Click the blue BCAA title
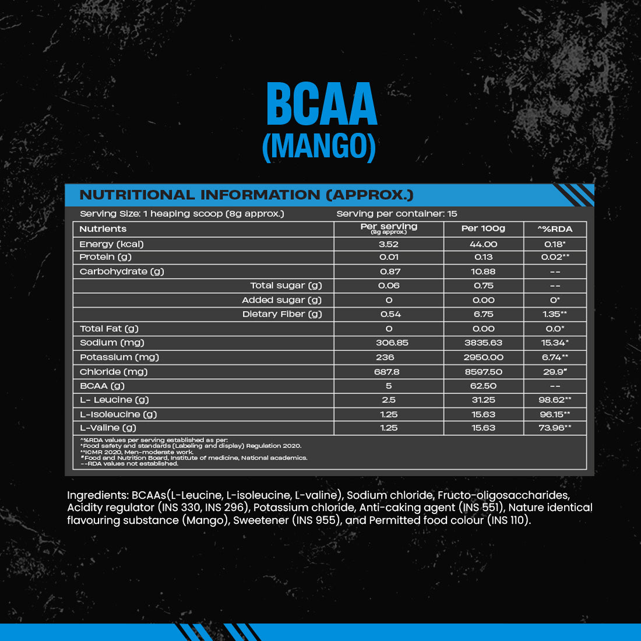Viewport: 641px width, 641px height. pos(322,104)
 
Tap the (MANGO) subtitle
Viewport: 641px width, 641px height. pos(319,146)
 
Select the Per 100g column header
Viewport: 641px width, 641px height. pos(483,228)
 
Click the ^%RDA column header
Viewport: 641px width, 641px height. pos(554,229)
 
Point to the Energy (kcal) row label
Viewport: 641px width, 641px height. pos(111,244)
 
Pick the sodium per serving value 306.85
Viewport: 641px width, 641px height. pos(389,343)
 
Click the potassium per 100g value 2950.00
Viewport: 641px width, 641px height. pos(483,357)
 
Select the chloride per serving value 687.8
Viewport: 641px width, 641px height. pos(389,372)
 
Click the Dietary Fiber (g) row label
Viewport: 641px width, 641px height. pos(282,314)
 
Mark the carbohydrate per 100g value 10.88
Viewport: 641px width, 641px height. pos(483,272)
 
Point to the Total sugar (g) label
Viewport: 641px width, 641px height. pos(286,286)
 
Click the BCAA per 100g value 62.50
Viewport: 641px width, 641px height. pos(483,386)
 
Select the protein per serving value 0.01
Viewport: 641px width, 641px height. pos(389,257)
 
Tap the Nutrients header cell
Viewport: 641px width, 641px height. pos(103,229)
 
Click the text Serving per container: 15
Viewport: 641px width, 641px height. pos(397,214)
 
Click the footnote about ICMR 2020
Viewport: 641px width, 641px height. pos(138,452)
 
